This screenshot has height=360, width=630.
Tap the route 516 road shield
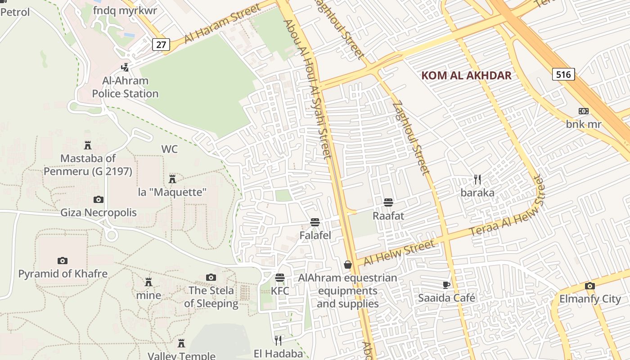point(563,74)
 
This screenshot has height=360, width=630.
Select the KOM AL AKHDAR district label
point(466,75)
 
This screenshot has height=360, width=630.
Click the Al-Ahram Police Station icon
point(125,67)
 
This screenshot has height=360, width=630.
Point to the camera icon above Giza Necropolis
point(99,199)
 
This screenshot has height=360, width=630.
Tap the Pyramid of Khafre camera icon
point(63,261)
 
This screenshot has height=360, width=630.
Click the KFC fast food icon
point(280,277)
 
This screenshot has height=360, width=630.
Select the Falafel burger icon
point(315,222)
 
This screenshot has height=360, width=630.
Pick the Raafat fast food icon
point(388,202)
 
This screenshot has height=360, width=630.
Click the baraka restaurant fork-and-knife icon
point(477,180)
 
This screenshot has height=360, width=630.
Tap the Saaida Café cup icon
point(446,284)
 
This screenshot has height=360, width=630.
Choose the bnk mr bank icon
point(584,111)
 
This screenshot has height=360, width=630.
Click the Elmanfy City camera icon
point(589,286)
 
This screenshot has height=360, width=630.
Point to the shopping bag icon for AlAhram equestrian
point(348,265)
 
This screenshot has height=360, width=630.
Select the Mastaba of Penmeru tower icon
point(88,145)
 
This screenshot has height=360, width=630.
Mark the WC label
point(170,149)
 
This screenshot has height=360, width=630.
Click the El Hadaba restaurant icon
point(278,340)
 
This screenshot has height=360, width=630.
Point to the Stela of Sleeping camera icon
point(211,277)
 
